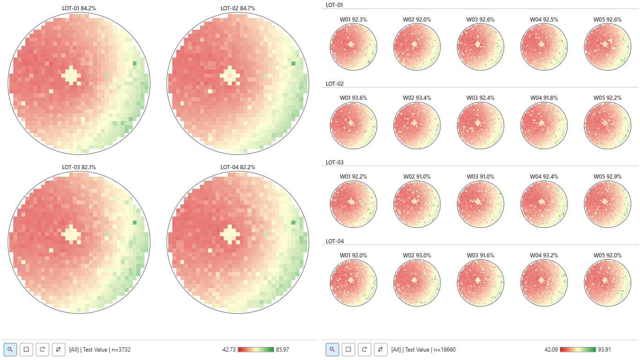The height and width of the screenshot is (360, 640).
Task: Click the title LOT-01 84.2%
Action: [79, 8]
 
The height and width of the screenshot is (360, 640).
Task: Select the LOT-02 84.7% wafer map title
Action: [238, 8]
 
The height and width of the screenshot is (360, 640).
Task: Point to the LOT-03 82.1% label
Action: [79, 167]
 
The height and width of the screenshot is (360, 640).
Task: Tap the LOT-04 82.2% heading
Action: [238, 167]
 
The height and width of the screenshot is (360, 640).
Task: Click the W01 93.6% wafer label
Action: [353, 98]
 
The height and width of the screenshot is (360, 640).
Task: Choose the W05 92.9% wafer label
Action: [607, 176]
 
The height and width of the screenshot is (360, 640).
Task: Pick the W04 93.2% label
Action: [544, 255]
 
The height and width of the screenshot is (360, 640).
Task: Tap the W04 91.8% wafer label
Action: [544, 98]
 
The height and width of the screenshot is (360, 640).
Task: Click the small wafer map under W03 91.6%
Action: [481, 283]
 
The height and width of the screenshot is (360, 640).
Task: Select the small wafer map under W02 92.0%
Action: [417, 47]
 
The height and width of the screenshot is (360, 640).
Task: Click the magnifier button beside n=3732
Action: [10, 349]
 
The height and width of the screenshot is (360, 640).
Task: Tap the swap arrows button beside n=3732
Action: [58, 349]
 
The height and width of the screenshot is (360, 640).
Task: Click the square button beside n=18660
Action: [348, 349]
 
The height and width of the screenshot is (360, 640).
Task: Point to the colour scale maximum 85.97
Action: [283, 349]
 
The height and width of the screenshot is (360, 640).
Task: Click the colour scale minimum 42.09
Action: [551, 349]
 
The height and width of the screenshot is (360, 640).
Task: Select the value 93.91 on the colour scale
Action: [604, 349]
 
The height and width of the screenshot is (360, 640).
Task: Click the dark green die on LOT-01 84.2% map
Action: [134, 63]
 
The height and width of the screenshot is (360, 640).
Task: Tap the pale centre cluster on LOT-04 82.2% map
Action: [230, 234]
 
